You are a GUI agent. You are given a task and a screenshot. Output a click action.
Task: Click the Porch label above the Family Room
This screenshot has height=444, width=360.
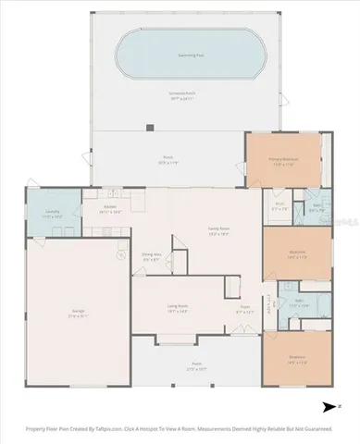168,159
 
